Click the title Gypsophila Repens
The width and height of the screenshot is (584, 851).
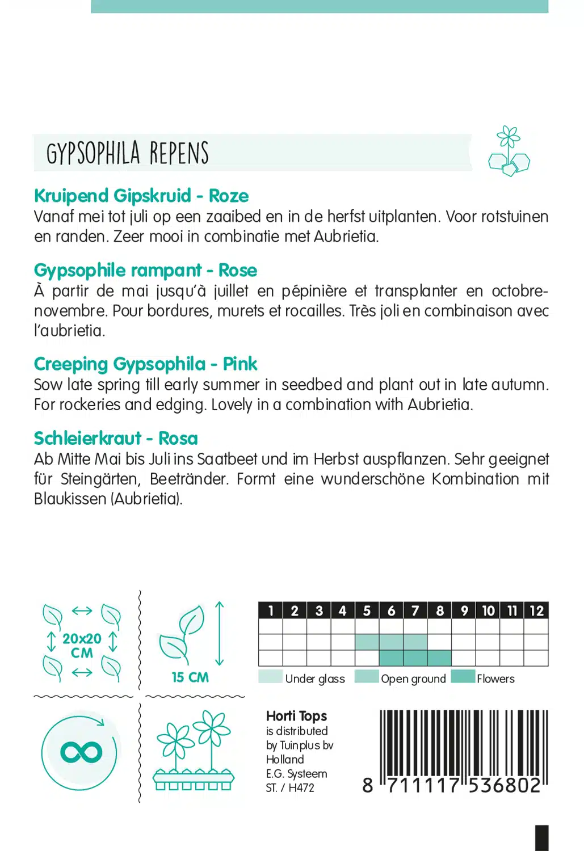(128, 153)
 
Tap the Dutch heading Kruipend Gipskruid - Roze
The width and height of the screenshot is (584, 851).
(141, 196)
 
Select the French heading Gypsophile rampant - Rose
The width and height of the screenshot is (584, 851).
(145, 270)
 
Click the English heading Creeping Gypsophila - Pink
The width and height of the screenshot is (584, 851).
(145, 364)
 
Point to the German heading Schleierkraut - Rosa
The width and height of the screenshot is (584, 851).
(116, 438)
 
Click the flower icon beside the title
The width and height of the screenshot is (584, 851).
(509, 151)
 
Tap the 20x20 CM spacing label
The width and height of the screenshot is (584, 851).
(82, 646)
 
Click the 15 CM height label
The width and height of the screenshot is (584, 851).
(190, 677)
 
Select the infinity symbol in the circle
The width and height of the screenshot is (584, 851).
(81, 752)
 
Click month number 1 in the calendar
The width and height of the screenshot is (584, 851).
(271, 610)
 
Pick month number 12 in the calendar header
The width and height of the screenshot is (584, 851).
(536, 610)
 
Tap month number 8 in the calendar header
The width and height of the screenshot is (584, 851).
(440, 610)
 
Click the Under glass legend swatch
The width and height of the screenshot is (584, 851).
(270, 677)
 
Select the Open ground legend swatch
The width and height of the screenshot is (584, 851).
(366, 677)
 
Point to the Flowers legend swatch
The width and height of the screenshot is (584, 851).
(463, 677)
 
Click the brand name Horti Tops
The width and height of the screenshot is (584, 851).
(296, 716)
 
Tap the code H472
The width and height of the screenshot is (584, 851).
(301, 787)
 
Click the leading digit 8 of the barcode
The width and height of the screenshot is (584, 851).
(368, 785)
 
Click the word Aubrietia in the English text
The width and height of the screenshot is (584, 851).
(440, 405)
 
